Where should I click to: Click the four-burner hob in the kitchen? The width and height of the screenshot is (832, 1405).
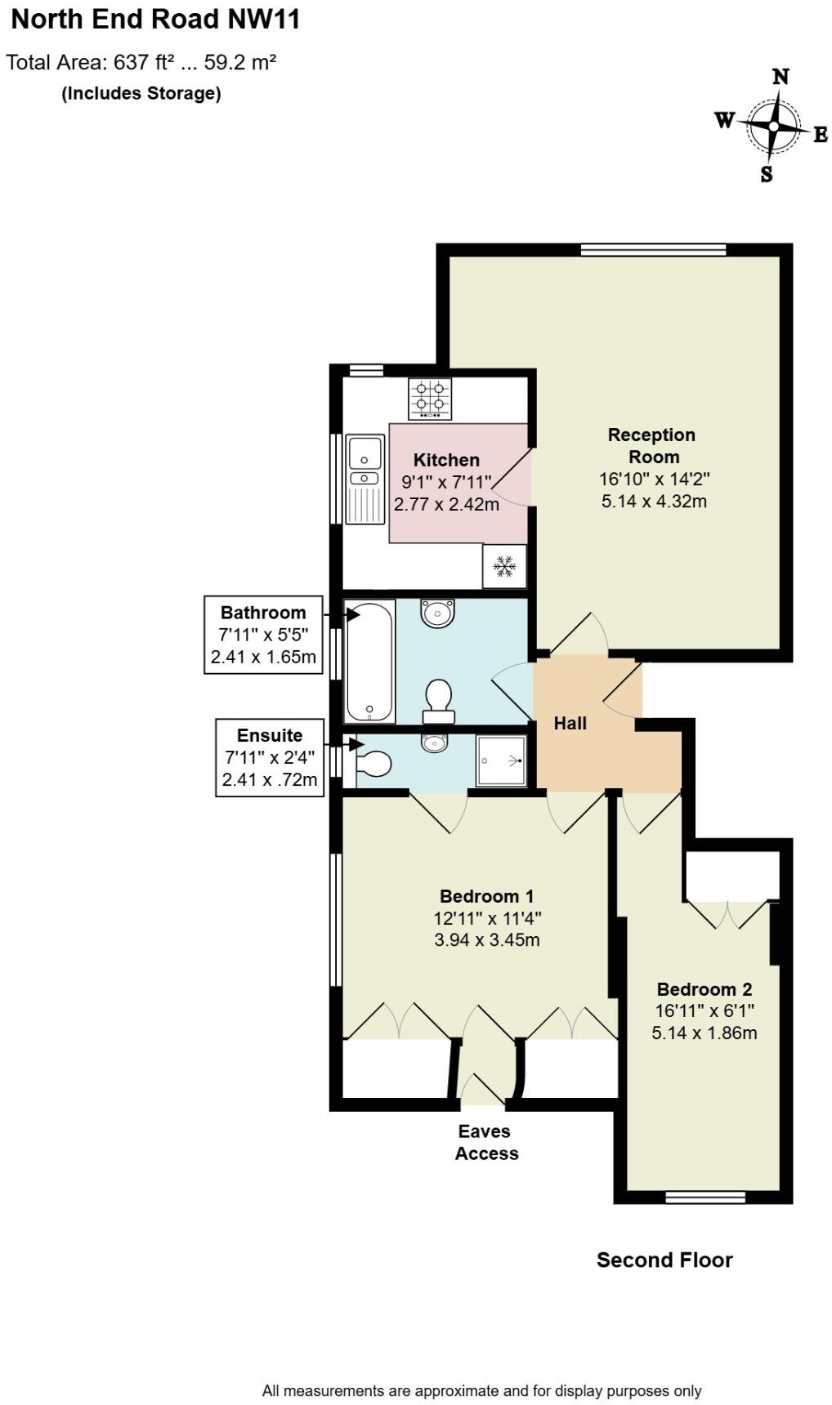tap(430, 399)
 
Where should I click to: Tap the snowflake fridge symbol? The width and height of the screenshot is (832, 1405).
tap(504, 566)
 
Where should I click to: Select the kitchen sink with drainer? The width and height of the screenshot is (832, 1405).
tap(365, 479)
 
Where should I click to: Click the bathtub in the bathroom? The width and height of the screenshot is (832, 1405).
tap(369, 662)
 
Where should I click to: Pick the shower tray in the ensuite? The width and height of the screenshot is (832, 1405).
tap(501, 760)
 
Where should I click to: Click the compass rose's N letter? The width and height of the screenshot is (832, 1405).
tap(781, 77)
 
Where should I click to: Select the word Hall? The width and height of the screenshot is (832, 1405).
tap(570, 723)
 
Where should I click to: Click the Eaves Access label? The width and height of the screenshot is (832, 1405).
tap(486, 1142)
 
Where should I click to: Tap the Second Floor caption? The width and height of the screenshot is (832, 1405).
tap(664, 1260)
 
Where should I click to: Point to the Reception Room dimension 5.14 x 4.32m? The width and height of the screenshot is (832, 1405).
tap(654, 501)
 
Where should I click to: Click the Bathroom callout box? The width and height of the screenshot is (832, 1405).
tap(263, 635)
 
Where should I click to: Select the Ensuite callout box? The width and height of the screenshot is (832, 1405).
tap(270, 757)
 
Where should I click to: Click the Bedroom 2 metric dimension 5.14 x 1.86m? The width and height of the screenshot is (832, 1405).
tap(704, 1033)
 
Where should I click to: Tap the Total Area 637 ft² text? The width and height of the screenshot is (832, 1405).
tap(141, 62)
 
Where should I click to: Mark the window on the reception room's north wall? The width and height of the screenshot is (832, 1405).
tap(653, 250)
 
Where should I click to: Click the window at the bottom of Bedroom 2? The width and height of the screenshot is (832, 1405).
tap(705, 1198)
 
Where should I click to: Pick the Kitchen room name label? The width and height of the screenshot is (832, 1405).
tap(446, 460)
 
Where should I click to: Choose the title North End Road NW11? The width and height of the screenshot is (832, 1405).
tap(155, 20)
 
